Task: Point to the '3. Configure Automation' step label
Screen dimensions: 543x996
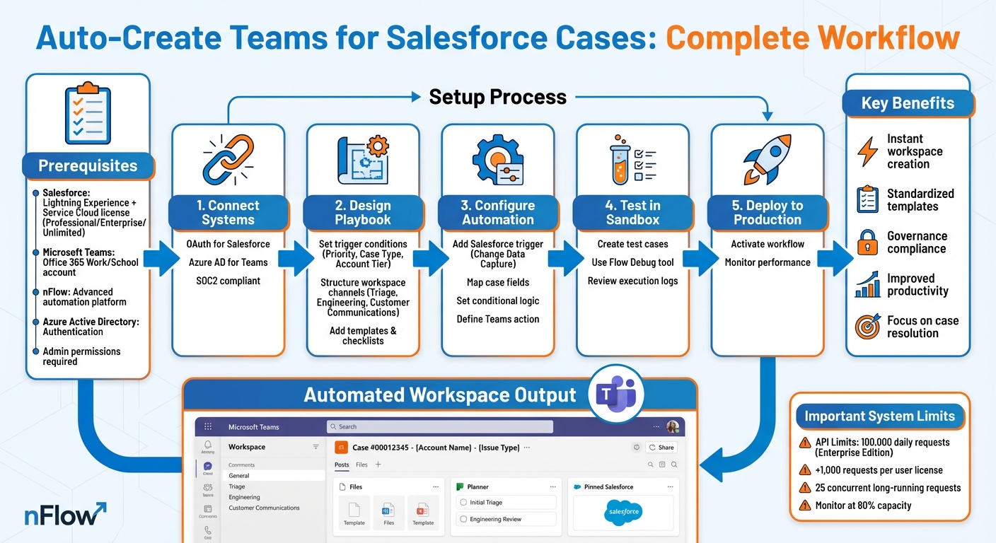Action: coord(498,212)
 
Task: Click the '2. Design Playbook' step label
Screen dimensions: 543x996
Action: coord(363,212)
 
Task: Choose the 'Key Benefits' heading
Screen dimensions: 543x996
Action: coord(908,103)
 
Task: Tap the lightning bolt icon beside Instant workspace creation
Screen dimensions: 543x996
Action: coord(867,151)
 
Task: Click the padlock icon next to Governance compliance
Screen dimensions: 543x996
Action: coord(867,243)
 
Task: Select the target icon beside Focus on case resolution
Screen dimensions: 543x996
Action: coord(867,327)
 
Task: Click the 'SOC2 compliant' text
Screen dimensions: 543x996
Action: coord(228,281)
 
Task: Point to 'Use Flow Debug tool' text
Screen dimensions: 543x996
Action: coord(632,262)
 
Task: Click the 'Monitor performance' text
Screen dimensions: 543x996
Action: coord(768,262)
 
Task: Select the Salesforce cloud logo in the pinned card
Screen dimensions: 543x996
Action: coord(623,511)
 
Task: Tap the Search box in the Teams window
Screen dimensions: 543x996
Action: coord(439,427)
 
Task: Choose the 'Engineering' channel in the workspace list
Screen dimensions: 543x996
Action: coord(244,497)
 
